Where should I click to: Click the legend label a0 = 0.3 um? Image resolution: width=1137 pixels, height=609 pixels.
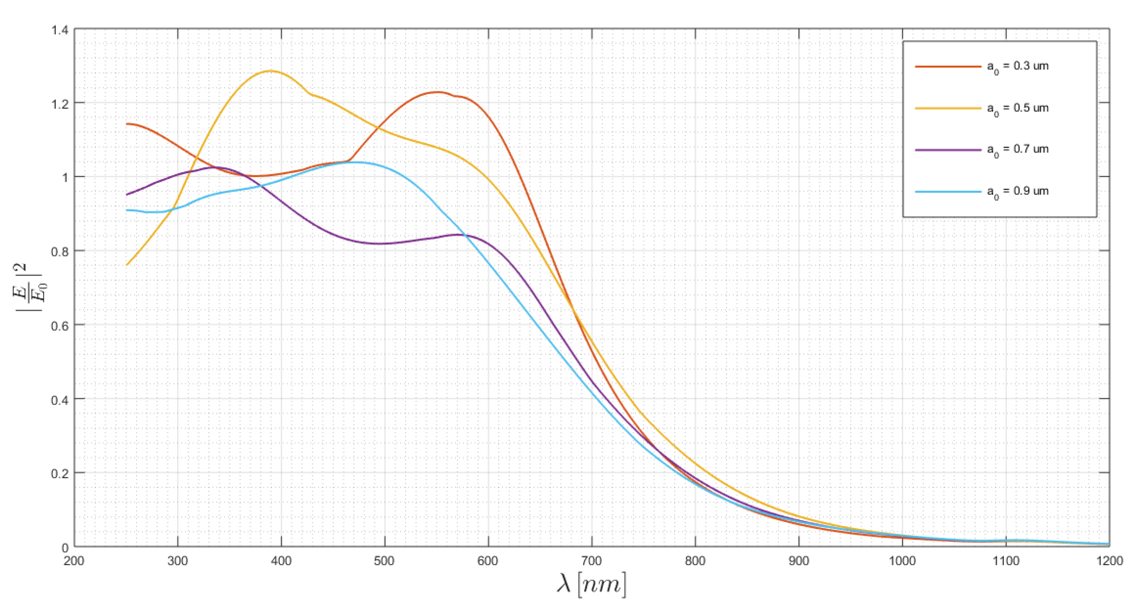(x=1017, y=67)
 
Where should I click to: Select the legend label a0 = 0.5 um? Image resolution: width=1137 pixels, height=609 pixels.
(x=1017, y=108)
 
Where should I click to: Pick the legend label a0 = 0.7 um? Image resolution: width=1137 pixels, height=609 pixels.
(x=1017, y=150)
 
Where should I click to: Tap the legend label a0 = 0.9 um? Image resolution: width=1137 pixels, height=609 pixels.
(x=1017, y=192)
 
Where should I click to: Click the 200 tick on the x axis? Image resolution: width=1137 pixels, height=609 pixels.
(x=74, y=560)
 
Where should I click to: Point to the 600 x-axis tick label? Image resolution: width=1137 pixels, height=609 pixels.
(x=488, y=560)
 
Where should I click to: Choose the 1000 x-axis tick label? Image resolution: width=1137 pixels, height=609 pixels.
(x=902, y=560)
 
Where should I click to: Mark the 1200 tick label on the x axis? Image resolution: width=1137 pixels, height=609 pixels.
(x=1109, y=560)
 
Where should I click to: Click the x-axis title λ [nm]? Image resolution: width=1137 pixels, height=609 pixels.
(x=591, y=585)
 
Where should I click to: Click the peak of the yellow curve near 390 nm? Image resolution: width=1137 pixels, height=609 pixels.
(x=270, y=71)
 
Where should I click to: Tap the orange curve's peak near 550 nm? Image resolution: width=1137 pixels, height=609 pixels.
(x=437, y=92)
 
